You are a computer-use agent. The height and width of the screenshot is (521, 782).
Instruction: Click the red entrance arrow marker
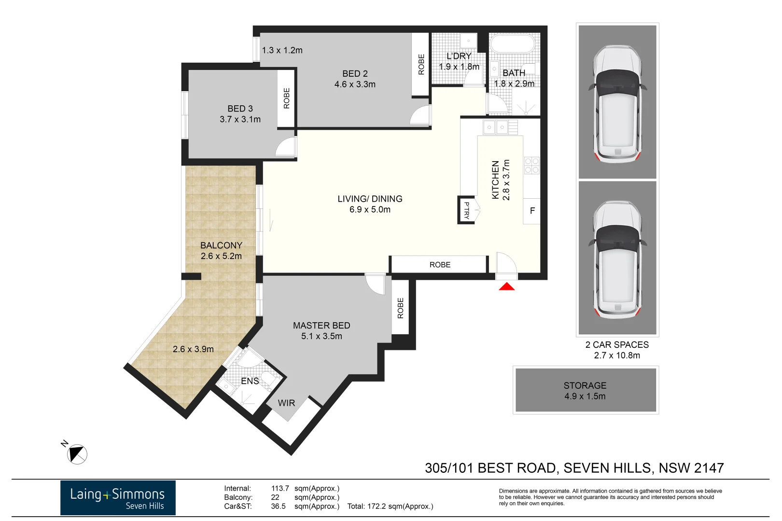(x=506, y=287)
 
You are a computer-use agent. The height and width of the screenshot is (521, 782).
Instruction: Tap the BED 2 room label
(x=355, y=74)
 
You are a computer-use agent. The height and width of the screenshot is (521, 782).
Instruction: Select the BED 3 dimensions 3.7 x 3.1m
(x=240, y=119)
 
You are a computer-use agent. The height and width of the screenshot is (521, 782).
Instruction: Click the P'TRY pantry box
(x=467, y=210)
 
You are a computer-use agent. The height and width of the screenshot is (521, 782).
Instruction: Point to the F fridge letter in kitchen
(x=532, y=211)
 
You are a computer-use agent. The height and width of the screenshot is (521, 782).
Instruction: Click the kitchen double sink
(x=496, y=128)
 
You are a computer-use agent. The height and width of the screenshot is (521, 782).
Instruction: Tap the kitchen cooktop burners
(x=531, y=165)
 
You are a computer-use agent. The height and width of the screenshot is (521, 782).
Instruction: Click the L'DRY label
(x=459, y=56)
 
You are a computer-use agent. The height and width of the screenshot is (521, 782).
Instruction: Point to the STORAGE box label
(x=585, y=385)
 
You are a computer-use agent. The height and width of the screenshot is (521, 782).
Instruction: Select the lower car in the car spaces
(x=617, y=259)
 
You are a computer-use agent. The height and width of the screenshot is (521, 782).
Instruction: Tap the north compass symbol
(x=77, y=454)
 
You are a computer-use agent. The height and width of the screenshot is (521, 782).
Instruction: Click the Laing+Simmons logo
(x=118, y=498)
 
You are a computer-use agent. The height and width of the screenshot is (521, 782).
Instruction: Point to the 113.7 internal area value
(x=280, y=488)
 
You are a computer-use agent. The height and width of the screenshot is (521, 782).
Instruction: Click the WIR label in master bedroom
(x=286, y=403)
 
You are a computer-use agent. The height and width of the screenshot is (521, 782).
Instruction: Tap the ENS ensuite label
(x=250, y=381)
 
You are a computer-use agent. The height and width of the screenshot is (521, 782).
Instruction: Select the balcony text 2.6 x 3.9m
(x=193, y=349)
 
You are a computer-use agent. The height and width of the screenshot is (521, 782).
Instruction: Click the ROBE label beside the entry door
(x=440, y=265)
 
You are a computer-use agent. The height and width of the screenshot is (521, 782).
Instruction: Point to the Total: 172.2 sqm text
(x=390, y=507)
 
